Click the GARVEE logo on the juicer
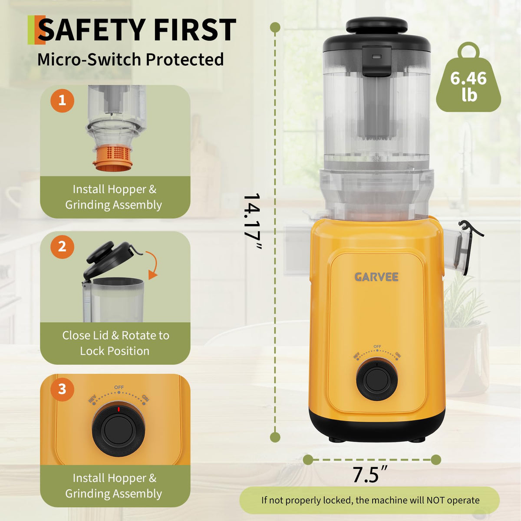[x=376, y=277]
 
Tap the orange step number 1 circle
[x=62, y=101]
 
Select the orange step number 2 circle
[x=62, y=247]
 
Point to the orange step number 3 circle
[x=62, y=389]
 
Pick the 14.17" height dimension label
[x=252, y=221]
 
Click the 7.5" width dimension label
[x=370, y=475]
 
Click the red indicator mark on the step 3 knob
[x=119, y=409]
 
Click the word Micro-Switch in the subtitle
[x=89, y=60]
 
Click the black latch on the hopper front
[x=376, y=60]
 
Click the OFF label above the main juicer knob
[x=377, y=346]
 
